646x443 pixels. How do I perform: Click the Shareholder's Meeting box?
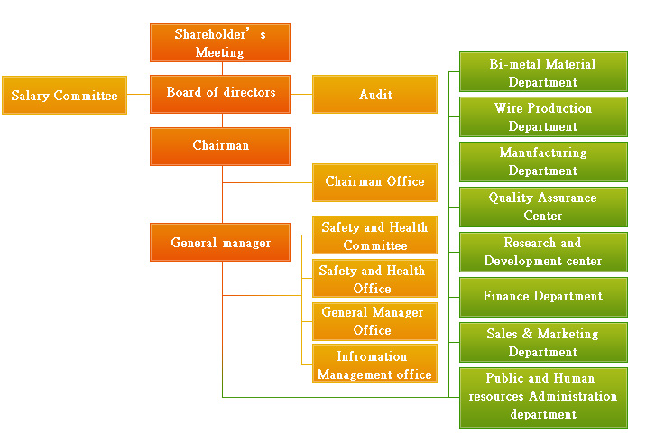click(219, 43)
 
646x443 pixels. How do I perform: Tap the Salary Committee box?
click(64, 96)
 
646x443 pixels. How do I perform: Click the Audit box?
click(374, 95)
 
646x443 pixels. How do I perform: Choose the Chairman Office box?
click(374, 182)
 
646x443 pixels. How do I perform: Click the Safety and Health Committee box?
click(374, 236)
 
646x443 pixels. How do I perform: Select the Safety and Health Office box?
click(374, 279)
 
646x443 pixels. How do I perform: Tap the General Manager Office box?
click(374, 321)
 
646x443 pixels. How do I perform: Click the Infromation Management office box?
click(374, 365)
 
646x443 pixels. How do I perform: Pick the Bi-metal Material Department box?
click(542, 73)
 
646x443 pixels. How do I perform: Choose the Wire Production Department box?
click(542, 117)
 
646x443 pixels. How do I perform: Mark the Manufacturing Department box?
click(542, 162)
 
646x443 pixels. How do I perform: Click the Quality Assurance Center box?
click(542, 207)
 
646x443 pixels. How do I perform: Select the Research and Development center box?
click(542, 252)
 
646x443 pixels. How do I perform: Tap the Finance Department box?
click(542, 297)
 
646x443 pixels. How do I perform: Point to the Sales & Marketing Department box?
click(542, 343)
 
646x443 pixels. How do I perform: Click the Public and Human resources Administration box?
click(542, 397)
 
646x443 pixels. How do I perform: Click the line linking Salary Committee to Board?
click(138, 95)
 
